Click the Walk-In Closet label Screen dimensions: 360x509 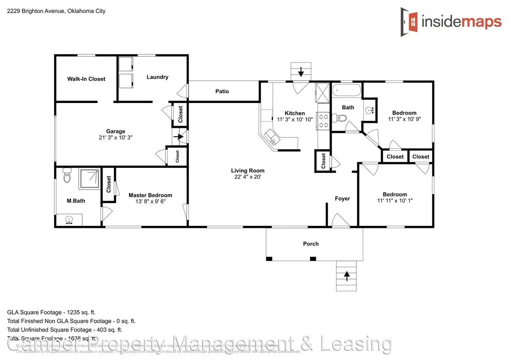click(86, 79)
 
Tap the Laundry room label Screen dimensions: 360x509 click(157, 77)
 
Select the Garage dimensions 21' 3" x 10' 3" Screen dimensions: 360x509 click(115, 137)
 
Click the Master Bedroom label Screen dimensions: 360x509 click(150, 195)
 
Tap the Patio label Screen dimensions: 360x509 click(222, 91)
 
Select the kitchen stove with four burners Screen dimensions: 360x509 click(324, 121)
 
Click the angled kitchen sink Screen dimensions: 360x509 click(271, 137)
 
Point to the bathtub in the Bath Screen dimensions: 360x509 click(346, 90)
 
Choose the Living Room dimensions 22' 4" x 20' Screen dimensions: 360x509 click(247, 177)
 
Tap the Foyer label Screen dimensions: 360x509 click(342, 199)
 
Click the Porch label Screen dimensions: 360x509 click(311, 244)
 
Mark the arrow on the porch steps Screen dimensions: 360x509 click(346, 276)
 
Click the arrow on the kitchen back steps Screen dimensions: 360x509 click(301, 71)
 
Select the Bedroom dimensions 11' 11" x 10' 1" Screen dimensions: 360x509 click(395, 201)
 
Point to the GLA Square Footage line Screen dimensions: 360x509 click(51, 312)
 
